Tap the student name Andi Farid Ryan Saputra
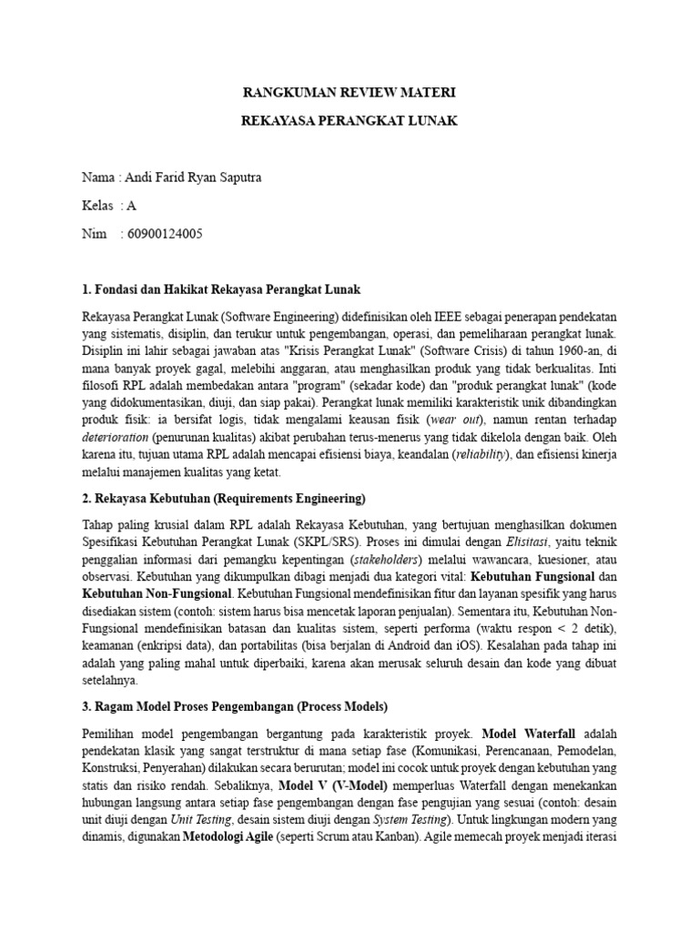click(192, 177)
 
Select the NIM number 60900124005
click(161, 234)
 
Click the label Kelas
click(97, 206)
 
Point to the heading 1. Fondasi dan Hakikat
click(221, 289)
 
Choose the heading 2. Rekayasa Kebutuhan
click(223, 498)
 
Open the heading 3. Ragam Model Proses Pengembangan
click(235, 706)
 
